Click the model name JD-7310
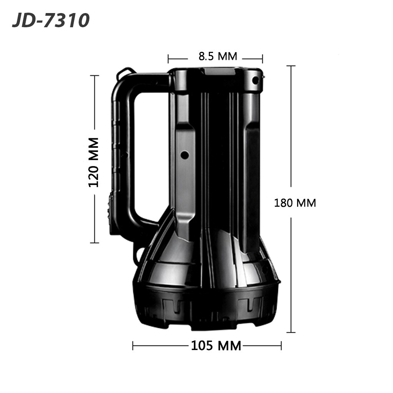[x=51, y=21]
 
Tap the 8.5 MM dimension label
[x=218, y=56]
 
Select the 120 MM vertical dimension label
[x=94, y=162]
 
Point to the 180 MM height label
[x=295, y=203]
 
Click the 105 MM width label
[x=216, y=346]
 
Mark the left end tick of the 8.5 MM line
[x=168, y=59]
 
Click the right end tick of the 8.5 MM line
[x=263, y=59]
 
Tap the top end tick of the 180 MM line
[x=291, y=66]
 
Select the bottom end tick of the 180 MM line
[x=291, y=332]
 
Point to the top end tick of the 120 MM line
[x=94, y=76]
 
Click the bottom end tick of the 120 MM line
[x=94, y=243]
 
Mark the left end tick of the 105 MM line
[x=133, y=345]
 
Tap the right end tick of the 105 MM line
[x=281, y=345]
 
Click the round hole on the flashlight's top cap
[x=255, y=80]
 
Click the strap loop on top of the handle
[x=127, y=72]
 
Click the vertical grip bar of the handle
[x=122, y=154]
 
